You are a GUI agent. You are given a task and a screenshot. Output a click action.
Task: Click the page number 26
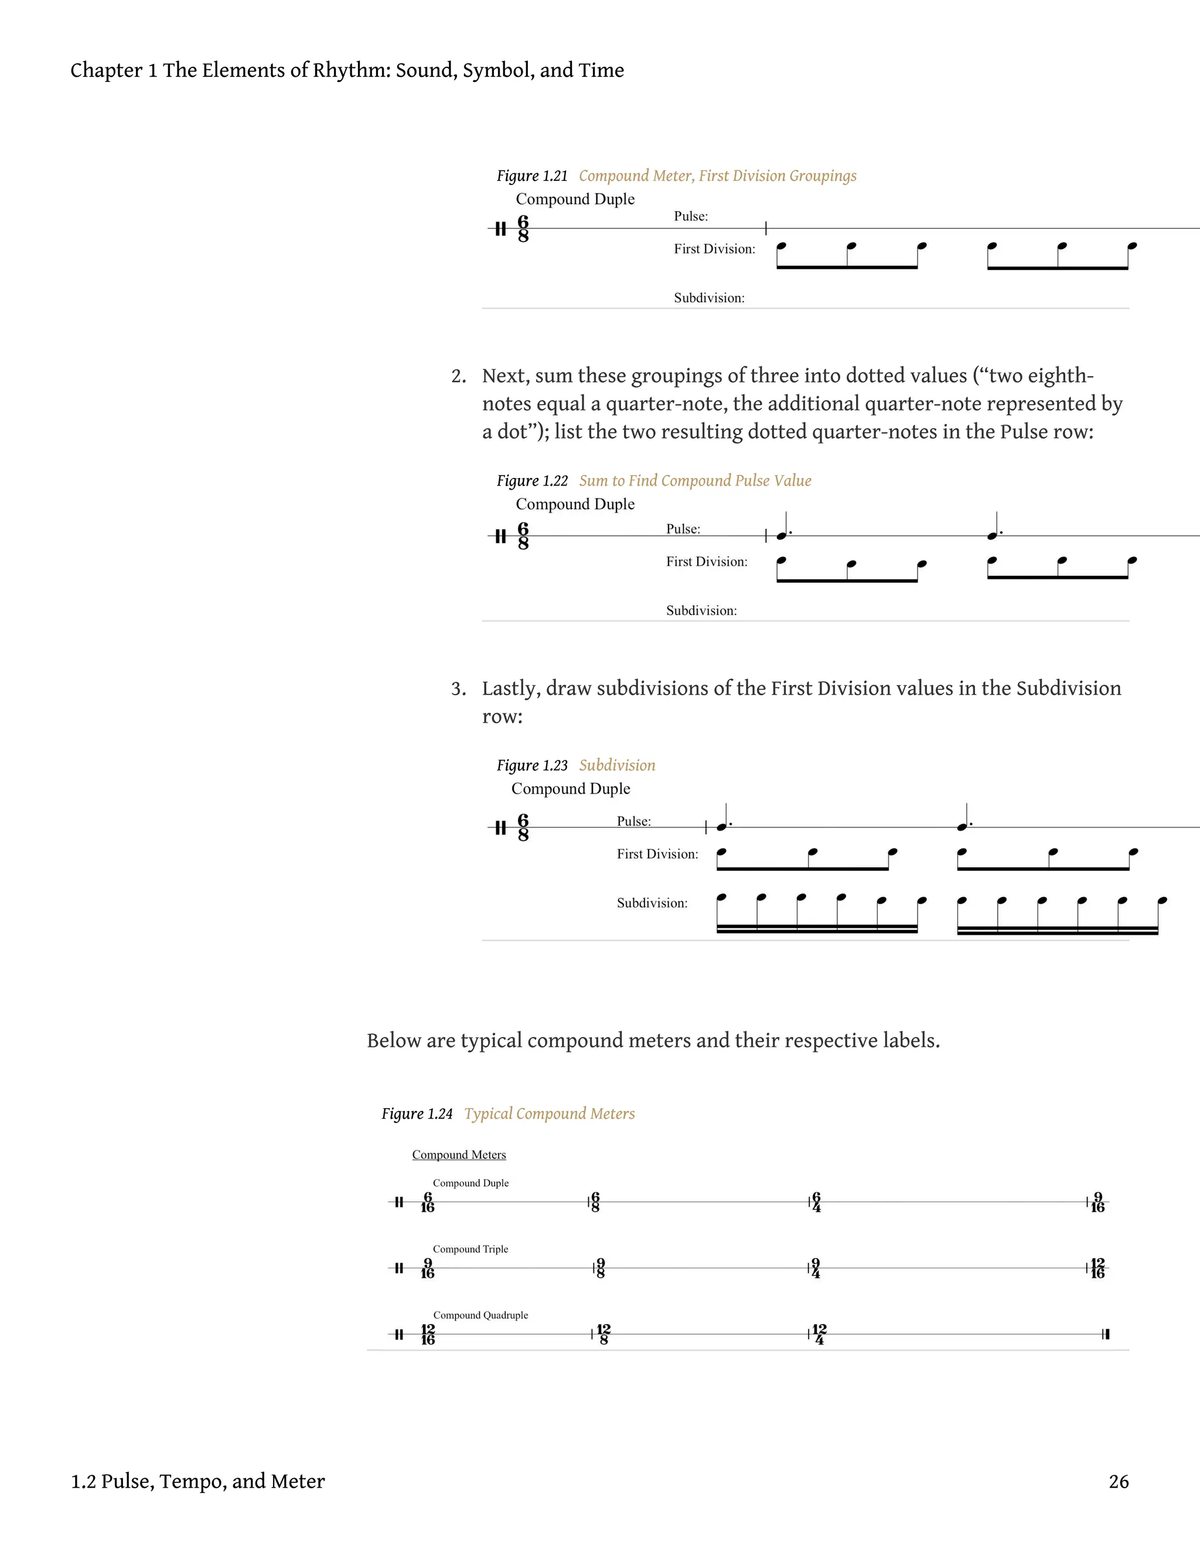tap(1118, 1482)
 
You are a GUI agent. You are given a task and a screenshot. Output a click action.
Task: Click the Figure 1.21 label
tap(532, 176)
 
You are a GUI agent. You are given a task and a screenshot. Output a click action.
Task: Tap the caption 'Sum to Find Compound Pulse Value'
tap(694, 480)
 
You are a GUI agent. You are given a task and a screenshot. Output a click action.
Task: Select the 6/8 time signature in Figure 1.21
tap(523, 229)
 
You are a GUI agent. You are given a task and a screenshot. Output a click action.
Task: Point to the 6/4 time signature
tap(816, 1202)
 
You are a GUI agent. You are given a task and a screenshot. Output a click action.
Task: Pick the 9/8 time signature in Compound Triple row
tap(601, 1269)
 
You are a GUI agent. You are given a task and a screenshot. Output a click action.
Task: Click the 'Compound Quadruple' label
tap(480, 1315)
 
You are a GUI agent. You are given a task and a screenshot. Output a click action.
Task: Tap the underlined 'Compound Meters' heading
tap(459, 1155)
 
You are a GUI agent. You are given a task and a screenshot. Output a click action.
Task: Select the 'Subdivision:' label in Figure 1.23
tap(652, 903)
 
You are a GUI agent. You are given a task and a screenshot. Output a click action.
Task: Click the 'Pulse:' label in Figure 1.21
tap(690, 216)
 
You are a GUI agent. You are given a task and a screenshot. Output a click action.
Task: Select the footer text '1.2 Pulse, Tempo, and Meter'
tap(197, 1482)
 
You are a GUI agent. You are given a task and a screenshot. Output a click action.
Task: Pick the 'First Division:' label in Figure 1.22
tap(707, 562)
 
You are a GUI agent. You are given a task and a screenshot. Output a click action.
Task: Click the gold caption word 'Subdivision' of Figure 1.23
tap(616, 765)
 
